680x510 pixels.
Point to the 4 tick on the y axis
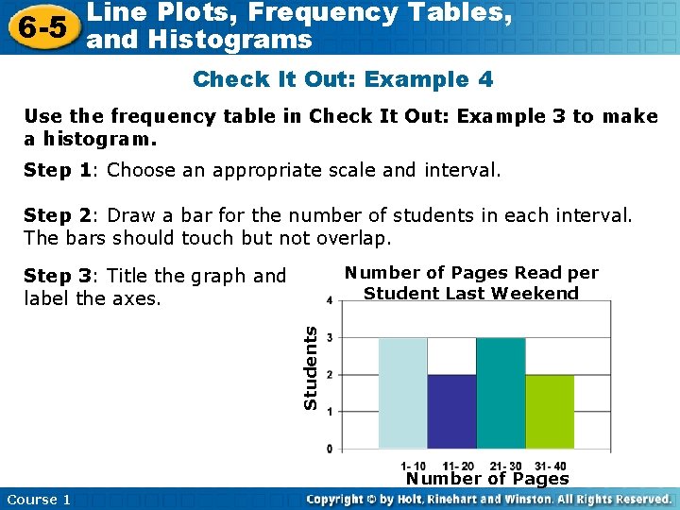tap(329, 301)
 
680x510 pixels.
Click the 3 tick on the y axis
tap(329, 338)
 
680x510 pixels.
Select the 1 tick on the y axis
tap(329, 412)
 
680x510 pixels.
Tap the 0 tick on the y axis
tap(329, 448)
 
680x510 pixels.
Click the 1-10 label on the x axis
tap(414, 466)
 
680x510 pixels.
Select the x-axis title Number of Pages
tap(487, 479)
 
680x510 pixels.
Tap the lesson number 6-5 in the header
tap(40, 26)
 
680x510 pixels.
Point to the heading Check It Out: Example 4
tap(343, 79)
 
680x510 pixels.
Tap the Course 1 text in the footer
tap(39, 500)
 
